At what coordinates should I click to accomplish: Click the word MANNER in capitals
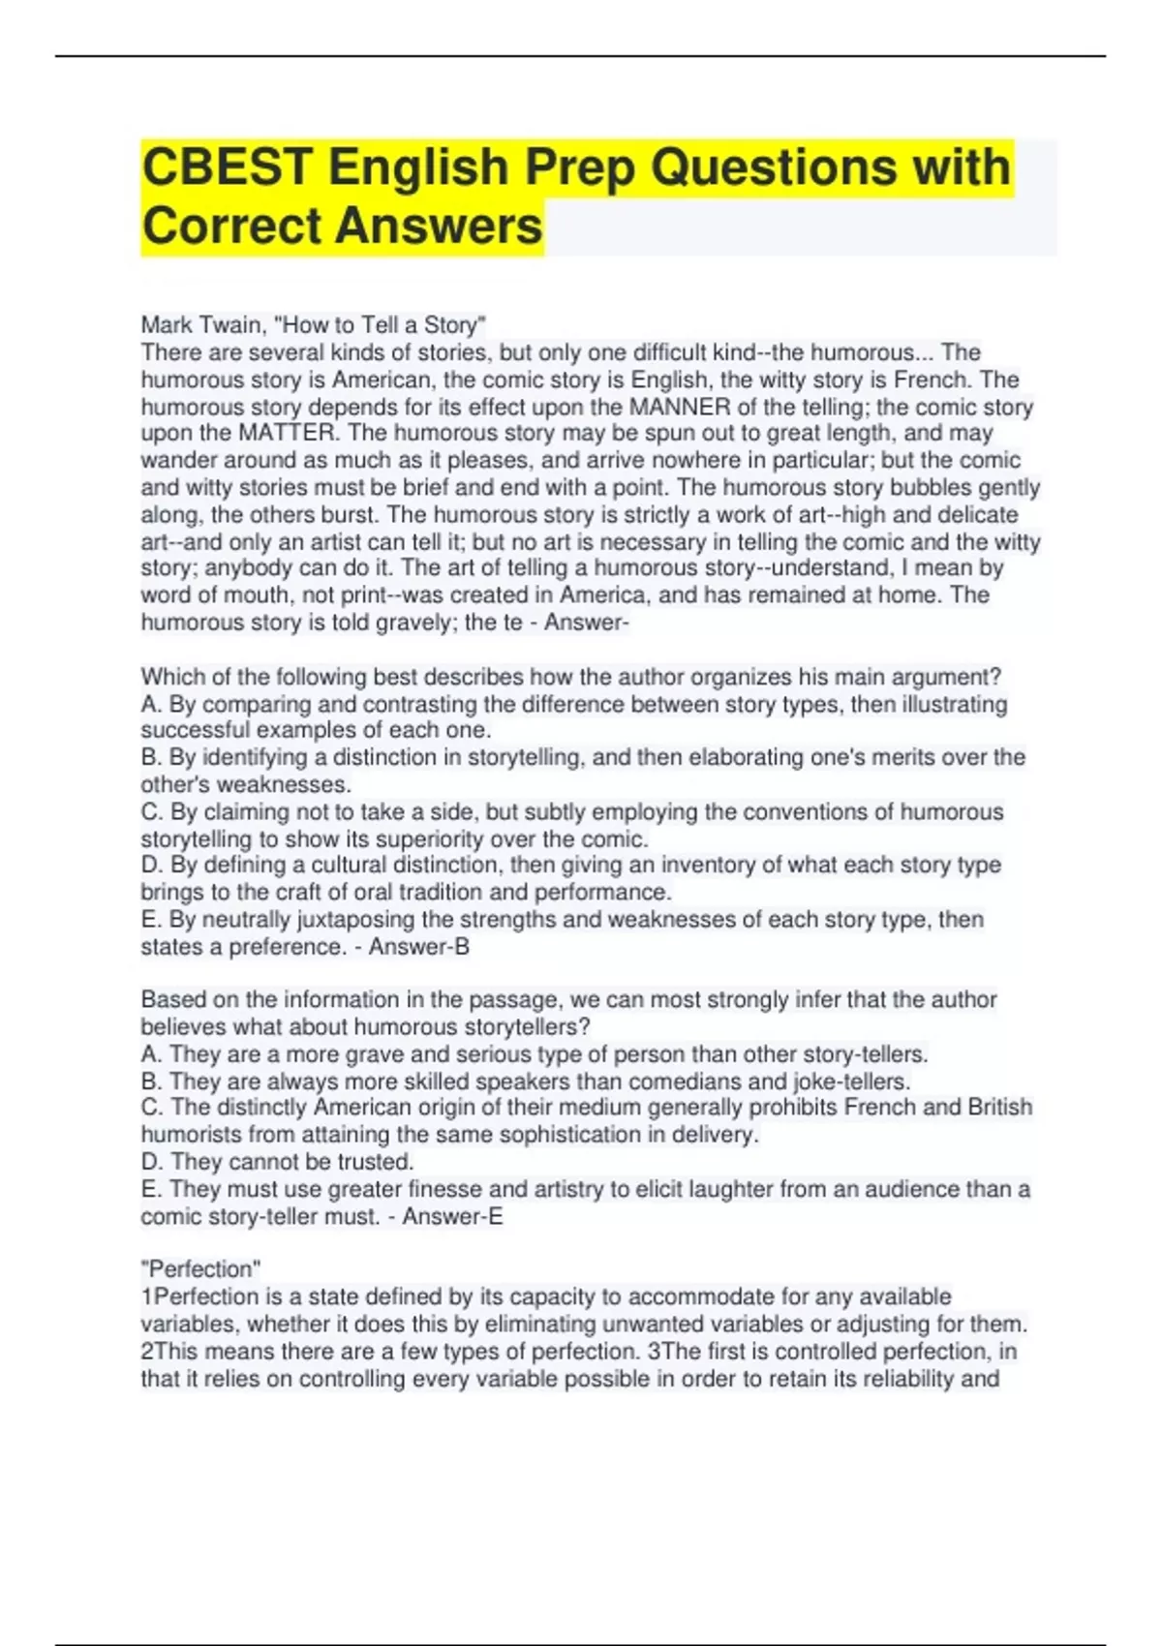pyautogui.click(x=679, y=407)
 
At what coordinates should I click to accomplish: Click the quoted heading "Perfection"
pyautogui.click(x=201, y=1269)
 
